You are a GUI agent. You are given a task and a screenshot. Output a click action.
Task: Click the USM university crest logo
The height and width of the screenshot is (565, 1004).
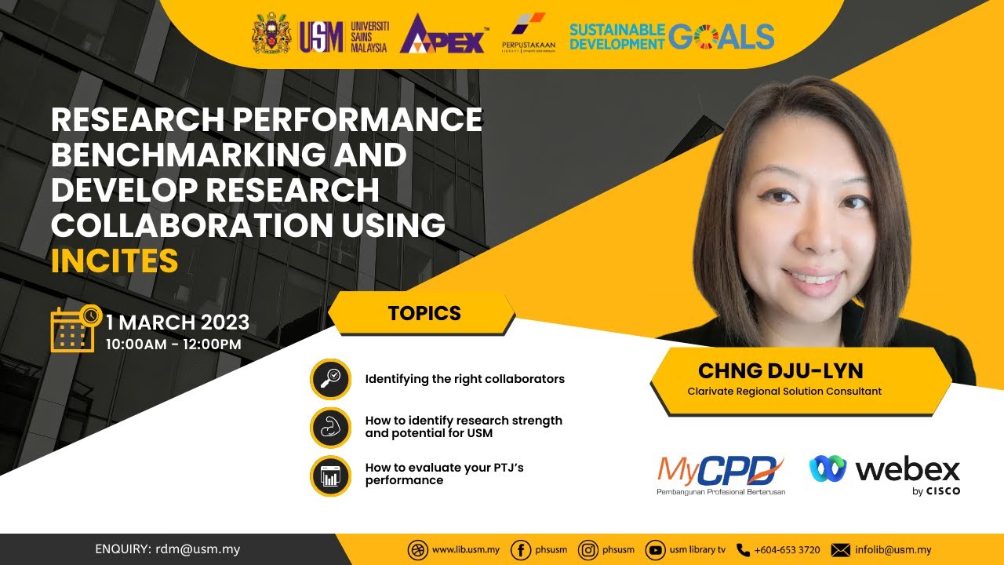[271, 35]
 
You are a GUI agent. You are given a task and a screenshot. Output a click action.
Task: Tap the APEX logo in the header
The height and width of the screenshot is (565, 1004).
[443, 35]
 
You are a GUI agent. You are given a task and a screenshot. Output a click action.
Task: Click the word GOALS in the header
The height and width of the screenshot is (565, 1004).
[722, 36]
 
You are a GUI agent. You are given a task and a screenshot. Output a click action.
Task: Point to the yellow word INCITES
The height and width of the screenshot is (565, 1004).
[115, 261]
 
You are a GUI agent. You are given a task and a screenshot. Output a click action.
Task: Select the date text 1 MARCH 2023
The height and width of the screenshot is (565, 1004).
[178, 322]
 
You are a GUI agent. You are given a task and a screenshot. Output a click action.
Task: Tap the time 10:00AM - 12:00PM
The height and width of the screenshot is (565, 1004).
[173, 344]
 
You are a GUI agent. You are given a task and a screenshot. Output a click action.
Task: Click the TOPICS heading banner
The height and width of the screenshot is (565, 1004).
[424, 313]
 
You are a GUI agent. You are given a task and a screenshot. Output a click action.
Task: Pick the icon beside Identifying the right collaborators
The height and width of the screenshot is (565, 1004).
[330, 379]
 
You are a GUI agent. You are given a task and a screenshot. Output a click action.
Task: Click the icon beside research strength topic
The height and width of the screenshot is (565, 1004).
[330, 427]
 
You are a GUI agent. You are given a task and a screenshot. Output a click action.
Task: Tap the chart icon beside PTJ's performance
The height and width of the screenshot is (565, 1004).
[330, 475]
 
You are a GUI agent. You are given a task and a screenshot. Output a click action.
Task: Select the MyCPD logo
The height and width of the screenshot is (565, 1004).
[720, 473]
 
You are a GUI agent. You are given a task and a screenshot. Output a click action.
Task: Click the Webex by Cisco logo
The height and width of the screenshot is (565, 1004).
[885, 473]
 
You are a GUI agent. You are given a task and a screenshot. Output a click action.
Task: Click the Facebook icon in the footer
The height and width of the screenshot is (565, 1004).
[520, 550]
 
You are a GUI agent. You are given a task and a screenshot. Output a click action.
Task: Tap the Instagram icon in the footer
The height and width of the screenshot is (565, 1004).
[587, 550]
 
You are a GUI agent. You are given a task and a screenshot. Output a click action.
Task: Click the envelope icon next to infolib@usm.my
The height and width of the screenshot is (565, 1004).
[840, 550]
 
